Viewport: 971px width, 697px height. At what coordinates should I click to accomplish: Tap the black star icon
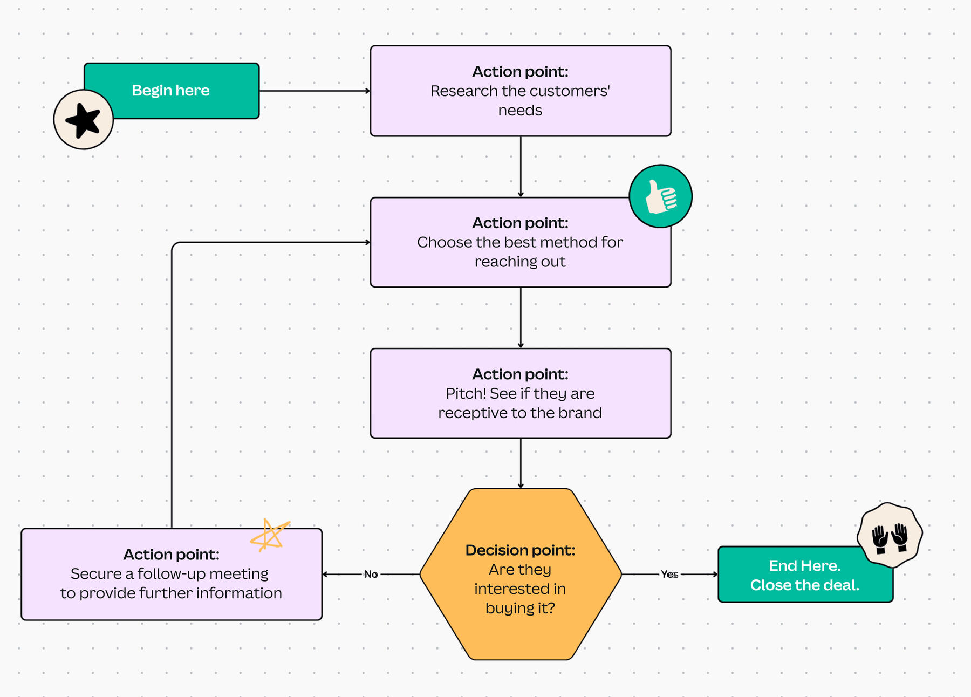[x=83, y=120]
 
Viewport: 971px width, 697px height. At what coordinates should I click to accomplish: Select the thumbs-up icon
[x=660, y=196]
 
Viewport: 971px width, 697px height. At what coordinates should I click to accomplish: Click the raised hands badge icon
[x=890, y=535]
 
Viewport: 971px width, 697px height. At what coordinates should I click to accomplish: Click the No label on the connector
[x=371, y=575]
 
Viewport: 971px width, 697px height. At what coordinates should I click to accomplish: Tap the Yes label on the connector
[x=669, y=575]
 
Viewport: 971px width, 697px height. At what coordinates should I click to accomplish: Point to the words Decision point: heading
[x=520, y=550]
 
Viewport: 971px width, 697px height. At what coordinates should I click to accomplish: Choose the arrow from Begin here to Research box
[x=314, y=91]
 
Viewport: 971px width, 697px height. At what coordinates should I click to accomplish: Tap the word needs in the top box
[x=520, y=111]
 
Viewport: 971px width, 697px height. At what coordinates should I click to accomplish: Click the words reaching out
[x=520, y=262]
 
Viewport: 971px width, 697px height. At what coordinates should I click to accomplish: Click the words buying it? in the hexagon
[x=520, y=609]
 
